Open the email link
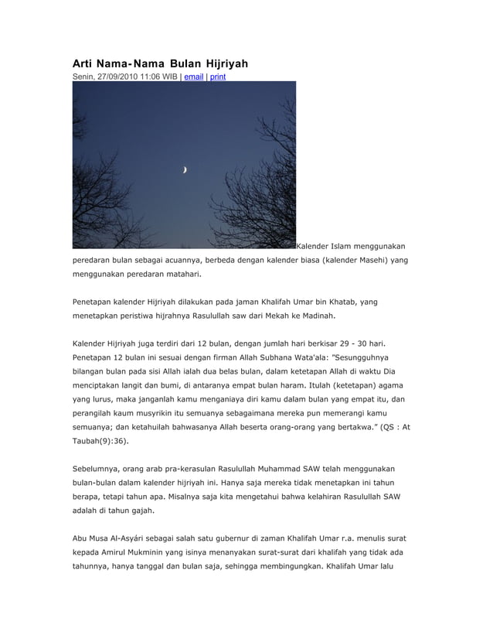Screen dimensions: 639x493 (194, 77)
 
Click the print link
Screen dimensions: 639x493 (218, 77)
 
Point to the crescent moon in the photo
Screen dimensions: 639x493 (185, 170)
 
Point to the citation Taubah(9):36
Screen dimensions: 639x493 (100, 443)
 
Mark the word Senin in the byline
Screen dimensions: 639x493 (83, 77)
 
